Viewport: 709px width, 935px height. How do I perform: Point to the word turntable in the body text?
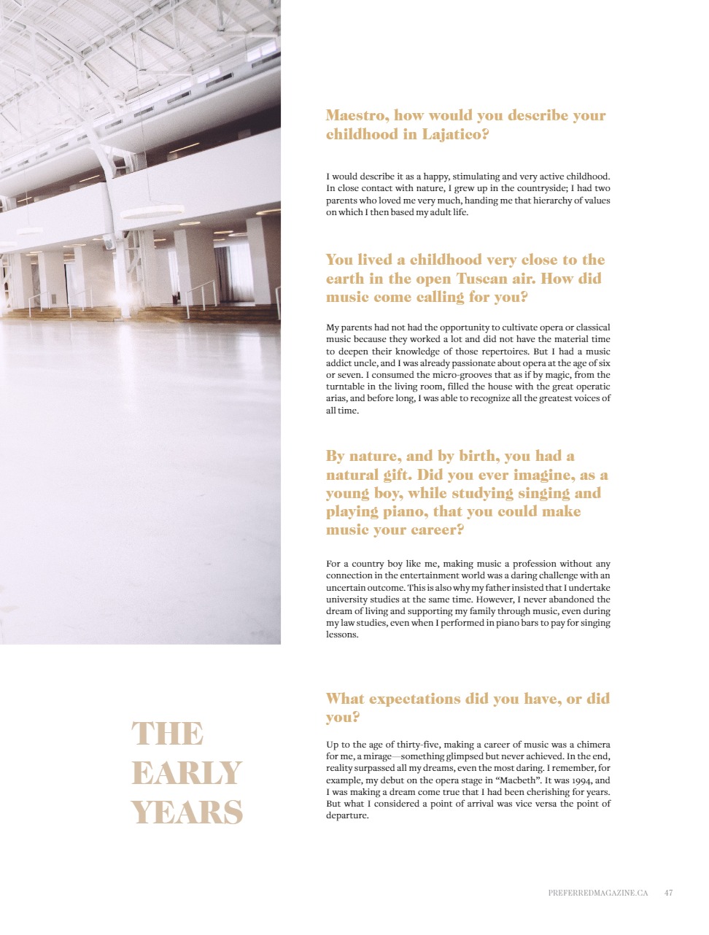pos(345,387)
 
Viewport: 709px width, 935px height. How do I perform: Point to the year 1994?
pos(581,780)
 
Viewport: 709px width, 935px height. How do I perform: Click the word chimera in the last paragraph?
pos(593,745)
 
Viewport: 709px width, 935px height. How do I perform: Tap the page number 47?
pos(668,893)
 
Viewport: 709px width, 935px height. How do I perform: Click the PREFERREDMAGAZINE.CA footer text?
pos(597,893)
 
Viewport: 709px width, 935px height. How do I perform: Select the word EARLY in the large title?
pos(186,773)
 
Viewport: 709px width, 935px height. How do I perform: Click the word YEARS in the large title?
pos(187,812)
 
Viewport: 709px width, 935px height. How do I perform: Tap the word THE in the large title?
pos(167,734)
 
